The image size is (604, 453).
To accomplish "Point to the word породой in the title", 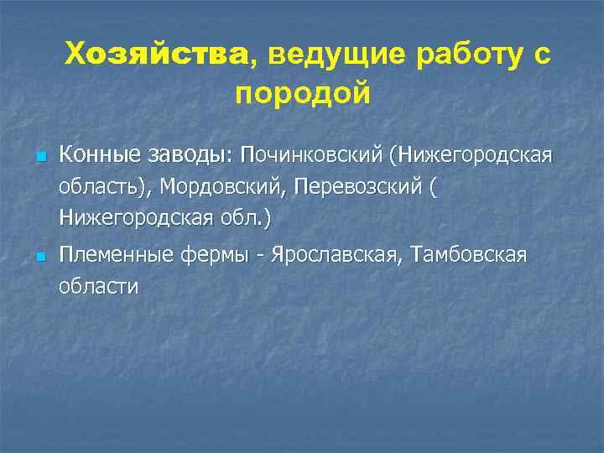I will coord(302,93).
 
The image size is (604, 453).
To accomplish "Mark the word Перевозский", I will coord(359,187).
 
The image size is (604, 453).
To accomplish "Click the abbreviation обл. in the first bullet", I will coord(243,219).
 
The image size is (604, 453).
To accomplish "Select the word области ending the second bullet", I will coord(99,286).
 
